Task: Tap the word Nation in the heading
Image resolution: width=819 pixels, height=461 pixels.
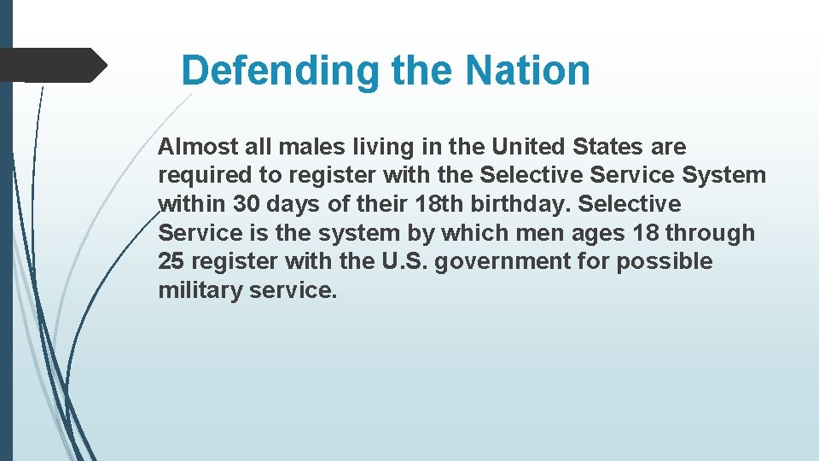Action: (x=528, y=70)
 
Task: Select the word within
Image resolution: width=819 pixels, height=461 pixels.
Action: (x=192, y=205)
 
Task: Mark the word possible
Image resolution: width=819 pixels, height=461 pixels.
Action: (x=665, y=261)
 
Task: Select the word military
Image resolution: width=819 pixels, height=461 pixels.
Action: (x=200, y=290)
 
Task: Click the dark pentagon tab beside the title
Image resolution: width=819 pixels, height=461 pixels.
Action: (x=51, y=65)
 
